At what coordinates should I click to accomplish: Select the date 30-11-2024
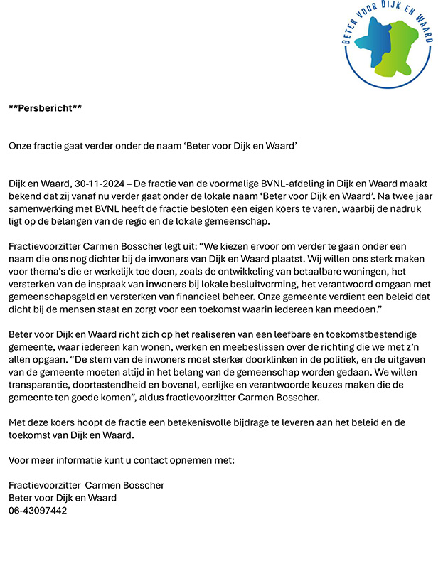click(x=93, y=184)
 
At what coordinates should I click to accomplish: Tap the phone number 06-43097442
click(x=38, y=511)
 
